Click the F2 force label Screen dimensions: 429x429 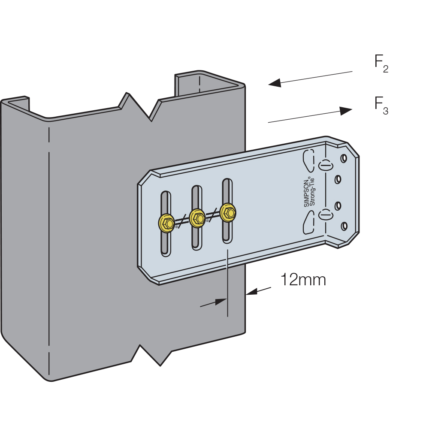(381, 64)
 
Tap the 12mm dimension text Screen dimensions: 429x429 (303, 280)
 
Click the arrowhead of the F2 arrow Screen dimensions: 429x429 (275, 83)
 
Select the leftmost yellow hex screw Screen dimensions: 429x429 (166, 223)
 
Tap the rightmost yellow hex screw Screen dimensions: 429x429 (228, 212)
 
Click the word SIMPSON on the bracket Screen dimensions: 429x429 (306, 193)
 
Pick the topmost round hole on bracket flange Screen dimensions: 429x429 (344, 159)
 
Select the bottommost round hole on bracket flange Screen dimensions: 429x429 (344, 226)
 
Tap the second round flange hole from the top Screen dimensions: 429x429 (338, 179)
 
